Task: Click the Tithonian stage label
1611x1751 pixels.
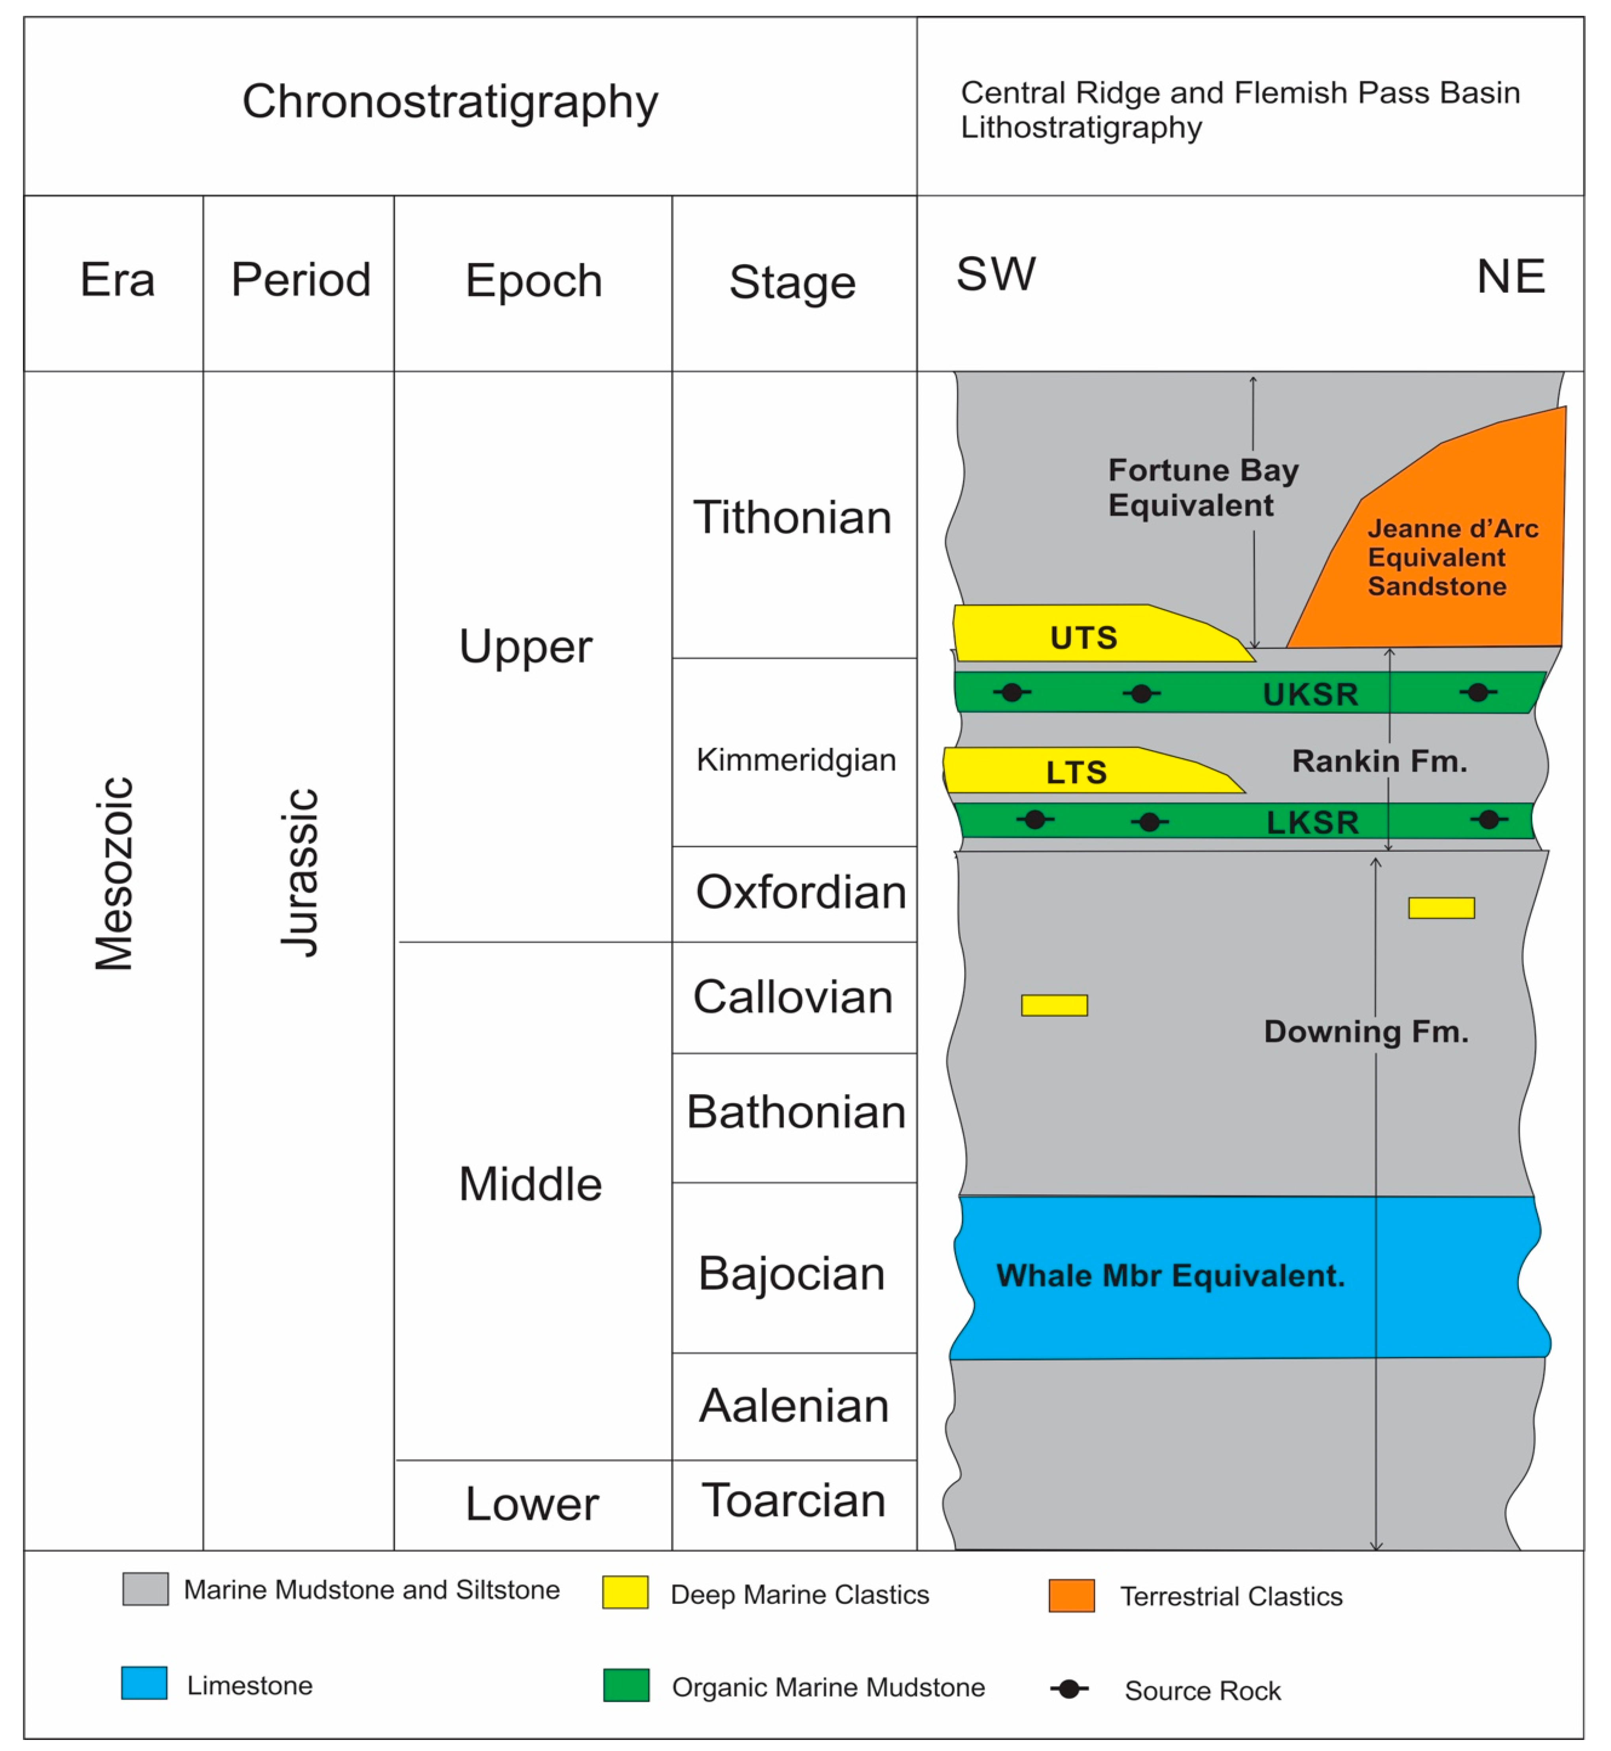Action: pyautogui.click(x=792, y=518)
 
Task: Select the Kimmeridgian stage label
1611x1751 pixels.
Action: pyautogui.click(x=795, y=760)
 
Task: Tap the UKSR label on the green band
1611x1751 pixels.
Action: pyautogui.click(x=1310, y=695)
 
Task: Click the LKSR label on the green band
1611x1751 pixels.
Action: pyautogui.click(x=1312, y=822)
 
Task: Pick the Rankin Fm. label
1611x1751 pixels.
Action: pyautogui.click(x=1379, y=761)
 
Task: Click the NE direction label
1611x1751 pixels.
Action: pyautogui.click(x=1511, y=277)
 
